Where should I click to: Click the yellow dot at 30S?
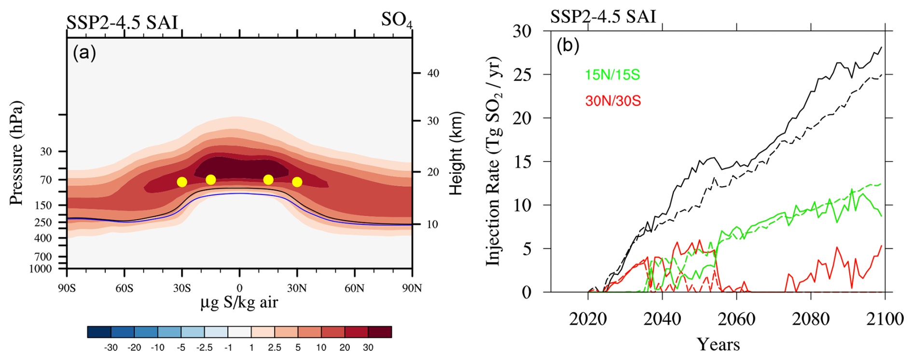point(182,182)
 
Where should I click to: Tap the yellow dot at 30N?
point(297,182)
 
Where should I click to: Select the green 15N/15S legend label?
point(612,75)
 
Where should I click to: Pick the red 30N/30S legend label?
point(613,101)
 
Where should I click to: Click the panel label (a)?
point(84,53)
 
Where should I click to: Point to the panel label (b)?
point(567,46)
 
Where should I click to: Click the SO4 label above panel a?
point(397,20)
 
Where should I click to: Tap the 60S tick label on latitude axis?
point(124,289)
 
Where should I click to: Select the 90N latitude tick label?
point(412,289)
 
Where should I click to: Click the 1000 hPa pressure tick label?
point(40,269)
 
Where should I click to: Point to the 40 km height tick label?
point(433,73)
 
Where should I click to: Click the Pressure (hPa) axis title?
point(16,153)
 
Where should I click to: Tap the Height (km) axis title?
point(456,153)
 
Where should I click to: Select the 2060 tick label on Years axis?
point(736,319)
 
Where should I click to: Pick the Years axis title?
point(718,345)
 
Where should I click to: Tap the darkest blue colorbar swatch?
point(99,332)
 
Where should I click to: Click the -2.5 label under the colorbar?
point(205,347)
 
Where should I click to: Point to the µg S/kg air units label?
point(239,303)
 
